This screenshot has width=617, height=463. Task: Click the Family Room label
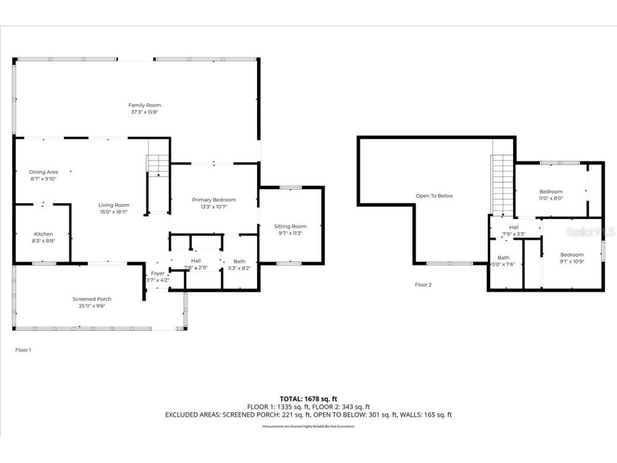click(x=145, y=106)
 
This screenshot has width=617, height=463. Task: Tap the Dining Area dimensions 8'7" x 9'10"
click(x=43, y=179)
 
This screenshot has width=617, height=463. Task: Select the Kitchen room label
click(x=44, y=234)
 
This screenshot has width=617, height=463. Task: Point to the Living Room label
click(x=114, y=205)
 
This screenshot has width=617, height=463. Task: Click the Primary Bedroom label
click(x=214, y=200)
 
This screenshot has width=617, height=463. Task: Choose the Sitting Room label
click(x=290, y=227)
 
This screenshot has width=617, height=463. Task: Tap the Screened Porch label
click(x=92, y=299)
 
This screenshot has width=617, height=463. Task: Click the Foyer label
click(x=157, y=273)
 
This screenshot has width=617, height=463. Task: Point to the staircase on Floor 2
click(x=502, y=185)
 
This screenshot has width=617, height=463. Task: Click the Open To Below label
click(x=434, y=196)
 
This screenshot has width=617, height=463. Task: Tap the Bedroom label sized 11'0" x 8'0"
click(x=551, y=192)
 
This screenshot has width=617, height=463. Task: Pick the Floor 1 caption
click(x=23, y=350)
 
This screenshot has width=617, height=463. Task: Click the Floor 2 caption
click(x=423, y=285)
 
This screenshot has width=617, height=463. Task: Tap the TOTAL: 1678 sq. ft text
click(x=308, y=399)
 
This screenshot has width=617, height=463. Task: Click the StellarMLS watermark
click(x=591, y=232)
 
